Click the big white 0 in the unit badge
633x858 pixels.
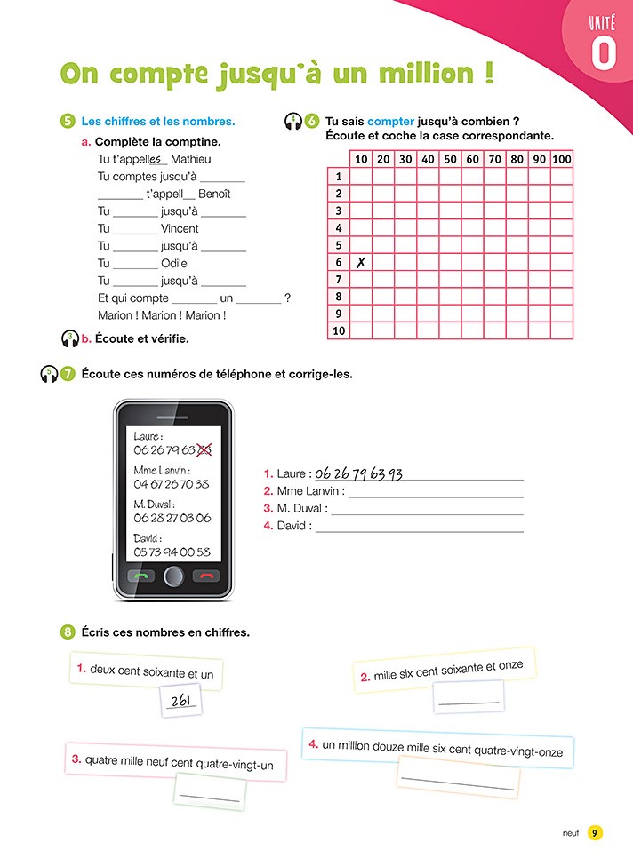click(x=603, y=53)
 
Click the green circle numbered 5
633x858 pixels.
click(x=68, y=122)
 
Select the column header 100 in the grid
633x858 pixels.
click(x=562, y=159)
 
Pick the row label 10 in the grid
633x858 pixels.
click(x=338, y=330)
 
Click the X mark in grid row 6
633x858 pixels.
click(x=361, y=262)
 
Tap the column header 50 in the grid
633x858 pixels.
click(x=450, y=159)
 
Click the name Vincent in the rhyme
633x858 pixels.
click(x=180, y=228)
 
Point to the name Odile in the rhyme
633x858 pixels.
click(x=174, y=263)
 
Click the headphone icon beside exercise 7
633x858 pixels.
click(x=49, y=374)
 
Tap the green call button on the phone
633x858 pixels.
click(x=142, y=576)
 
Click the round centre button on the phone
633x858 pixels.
click(x=174, y=576)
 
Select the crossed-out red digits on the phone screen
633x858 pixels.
click(x=205, y=450)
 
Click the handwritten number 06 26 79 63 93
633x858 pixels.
click(x=359, y=474)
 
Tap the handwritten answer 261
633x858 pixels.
click(x=181, y=702)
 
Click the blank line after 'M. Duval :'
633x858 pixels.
click(x=427, y=509)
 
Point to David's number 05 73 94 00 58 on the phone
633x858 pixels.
click(x=172, y=552)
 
